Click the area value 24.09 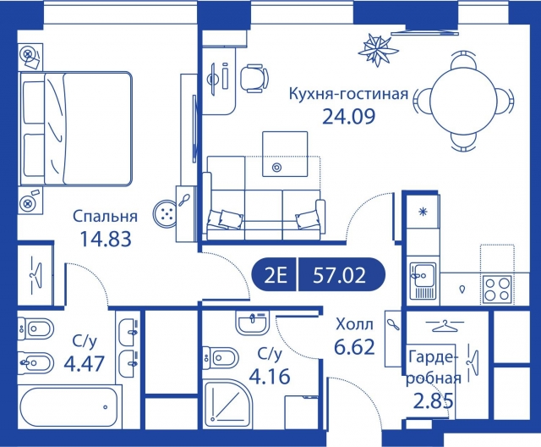click(348, 115)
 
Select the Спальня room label click(101, 216)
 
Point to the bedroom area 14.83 click(101, 238)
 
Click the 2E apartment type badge click(276, 274)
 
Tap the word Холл click(352, 323)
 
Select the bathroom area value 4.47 click(84, 363)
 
